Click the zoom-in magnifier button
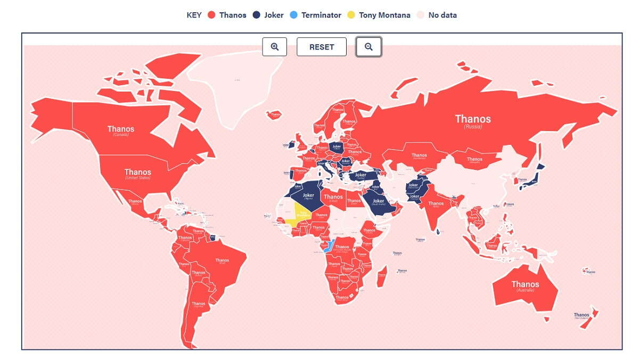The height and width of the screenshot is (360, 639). [275, 47]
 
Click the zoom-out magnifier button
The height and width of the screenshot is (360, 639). [368, 47]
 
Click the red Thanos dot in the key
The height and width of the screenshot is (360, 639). [211, 15]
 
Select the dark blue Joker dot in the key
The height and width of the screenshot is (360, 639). [257, 15]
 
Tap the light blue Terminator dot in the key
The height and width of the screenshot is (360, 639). [293, 15]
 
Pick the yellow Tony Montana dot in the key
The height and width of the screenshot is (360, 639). [351, 15]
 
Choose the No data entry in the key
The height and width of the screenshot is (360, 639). [442, 15]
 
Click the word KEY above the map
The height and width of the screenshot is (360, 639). [194, 15]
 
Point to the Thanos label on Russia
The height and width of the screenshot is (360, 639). [473, 119]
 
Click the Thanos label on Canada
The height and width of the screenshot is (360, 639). [121, 129]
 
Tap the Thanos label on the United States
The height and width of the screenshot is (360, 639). [138, 172]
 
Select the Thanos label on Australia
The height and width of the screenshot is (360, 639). [525, 284]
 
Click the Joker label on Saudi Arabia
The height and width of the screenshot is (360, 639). [378, 201]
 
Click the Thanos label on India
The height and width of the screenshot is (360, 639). [436, 203]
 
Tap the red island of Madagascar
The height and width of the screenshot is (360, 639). [382, 277]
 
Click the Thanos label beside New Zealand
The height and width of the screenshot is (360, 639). [581, 315]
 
